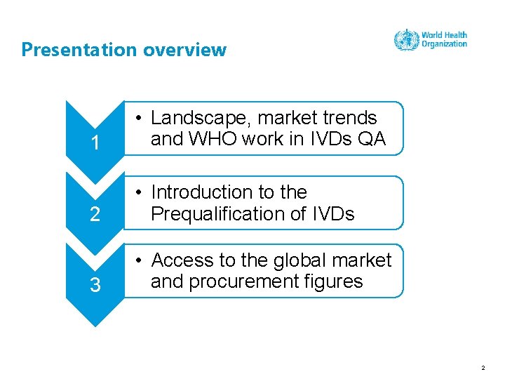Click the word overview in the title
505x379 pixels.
pyautogui.click(x=185, y=50)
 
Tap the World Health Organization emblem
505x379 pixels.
pyautogui.click(x=406, y=40)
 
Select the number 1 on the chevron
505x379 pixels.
pyautogui.click(x=95, y=144)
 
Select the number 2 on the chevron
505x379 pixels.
pyautogui.click(x=95, y=215)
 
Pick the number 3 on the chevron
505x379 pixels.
pyautogui.click(x=95, y=286)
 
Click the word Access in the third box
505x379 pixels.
pyautogui.click(x=183, y=260)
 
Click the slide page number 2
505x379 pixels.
pyautogui.click(x=483, y=366)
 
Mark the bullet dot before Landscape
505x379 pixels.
pyautogui.click(x=141, y=119)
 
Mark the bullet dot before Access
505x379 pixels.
pyautogui.click(x=141, y=261)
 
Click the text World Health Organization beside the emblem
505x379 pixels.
pyautogui.click(x=444, y=39)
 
